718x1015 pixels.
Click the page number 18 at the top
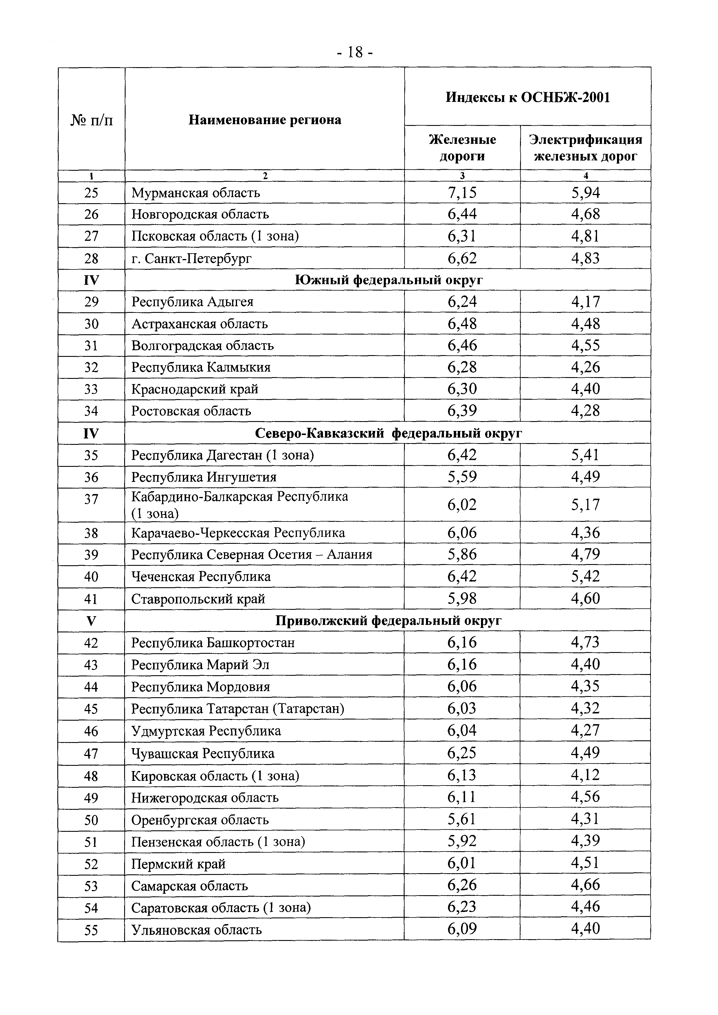tap(355, 53)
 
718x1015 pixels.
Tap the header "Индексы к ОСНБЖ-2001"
tap(528, 97)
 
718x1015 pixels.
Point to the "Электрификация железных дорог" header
tap(585, 148)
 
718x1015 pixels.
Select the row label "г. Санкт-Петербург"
tap(191, 258)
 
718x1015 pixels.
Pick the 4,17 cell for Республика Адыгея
tap(585, 302)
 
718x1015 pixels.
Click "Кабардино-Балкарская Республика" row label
tap(240, 497)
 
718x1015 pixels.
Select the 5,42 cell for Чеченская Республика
tap(585, 577)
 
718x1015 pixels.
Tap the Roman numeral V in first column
tap(91, 621)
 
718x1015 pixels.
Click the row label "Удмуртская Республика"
tap(206, 731)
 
